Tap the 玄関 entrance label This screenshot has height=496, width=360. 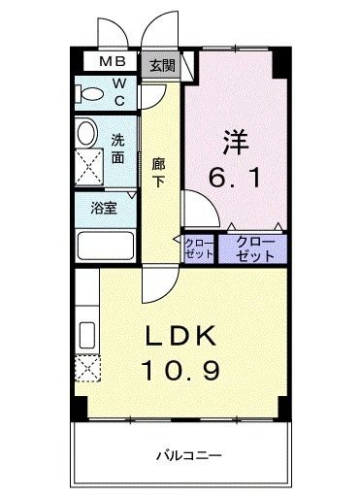(x=161, y=66)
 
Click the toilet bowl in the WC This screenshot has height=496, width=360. (x=90, y=94)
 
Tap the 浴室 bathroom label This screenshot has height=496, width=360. (x=104, y=207)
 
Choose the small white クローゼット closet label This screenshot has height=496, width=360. (x=198, y=248)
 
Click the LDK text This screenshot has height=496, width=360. (x=182, y=336)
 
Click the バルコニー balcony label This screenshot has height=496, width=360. (x=190, y=454)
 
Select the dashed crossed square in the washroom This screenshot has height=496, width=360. (x=90, y=167)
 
